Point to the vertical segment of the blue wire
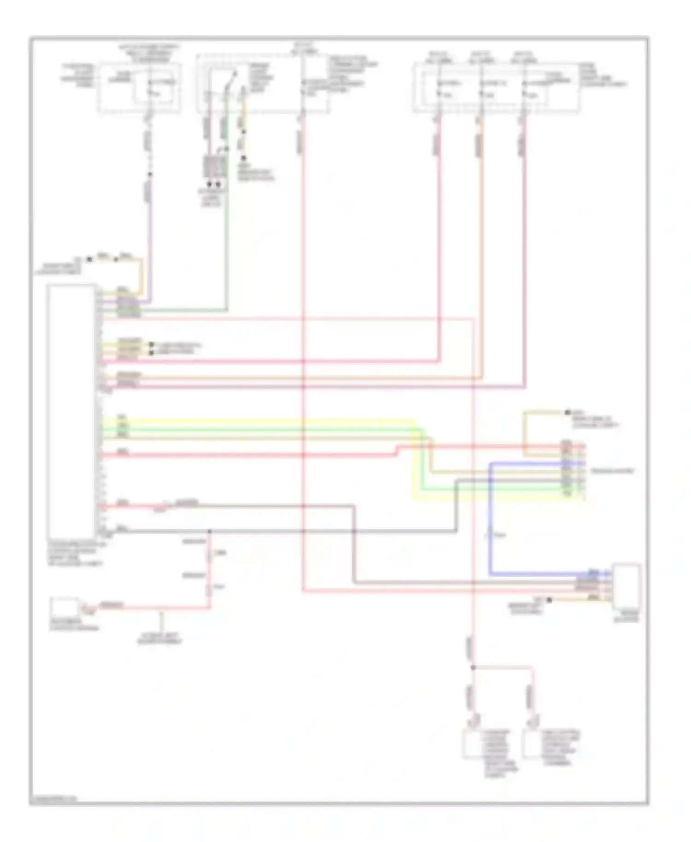[490, 520]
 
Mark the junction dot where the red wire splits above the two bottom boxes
[473, 667]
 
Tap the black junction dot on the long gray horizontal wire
[210, 531]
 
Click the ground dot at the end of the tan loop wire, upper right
[568, 412]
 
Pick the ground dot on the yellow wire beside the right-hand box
[549, 600]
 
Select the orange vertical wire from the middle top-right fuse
[481, 253]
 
